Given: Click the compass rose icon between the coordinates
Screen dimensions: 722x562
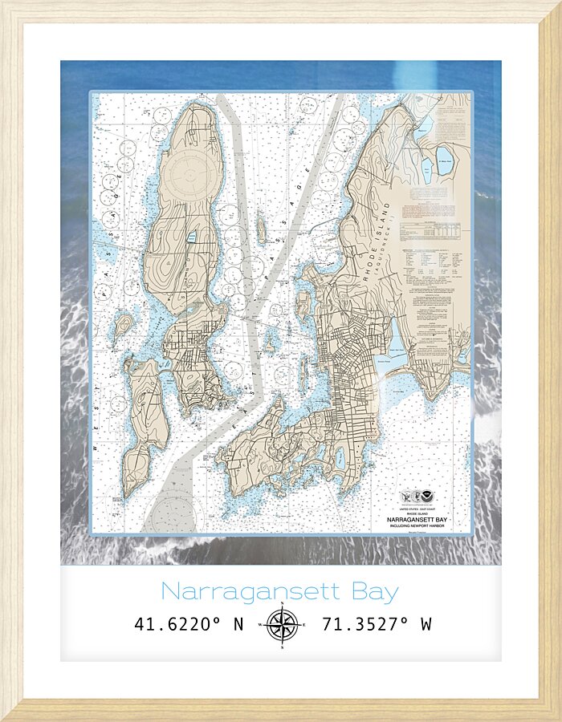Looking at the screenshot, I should pos(281,624).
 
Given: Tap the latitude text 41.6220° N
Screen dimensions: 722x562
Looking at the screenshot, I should pos(189,624).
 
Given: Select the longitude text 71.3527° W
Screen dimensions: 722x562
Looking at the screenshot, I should pos(377,624).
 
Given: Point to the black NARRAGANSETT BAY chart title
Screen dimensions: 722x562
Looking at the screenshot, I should pos(425,519).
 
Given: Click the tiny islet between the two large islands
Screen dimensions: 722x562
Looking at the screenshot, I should pos(262,230).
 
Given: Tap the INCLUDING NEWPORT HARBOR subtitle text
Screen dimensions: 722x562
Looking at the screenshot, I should pos(425,526).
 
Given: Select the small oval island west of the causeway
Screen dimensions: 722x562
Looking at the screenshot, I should pos(123,326).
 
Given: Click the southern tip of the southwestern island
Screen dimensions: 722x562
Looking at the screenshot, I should pos(128,491).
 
